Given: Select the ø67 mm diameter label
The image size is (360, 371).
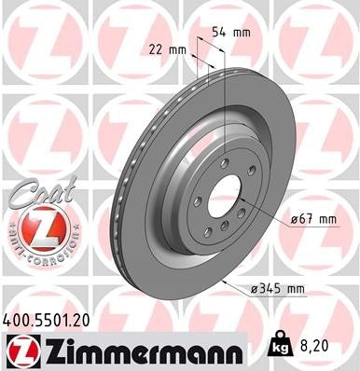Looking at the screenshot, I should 312,218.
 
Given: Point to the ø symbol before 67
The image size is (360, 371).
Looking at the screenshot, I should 293,219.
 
